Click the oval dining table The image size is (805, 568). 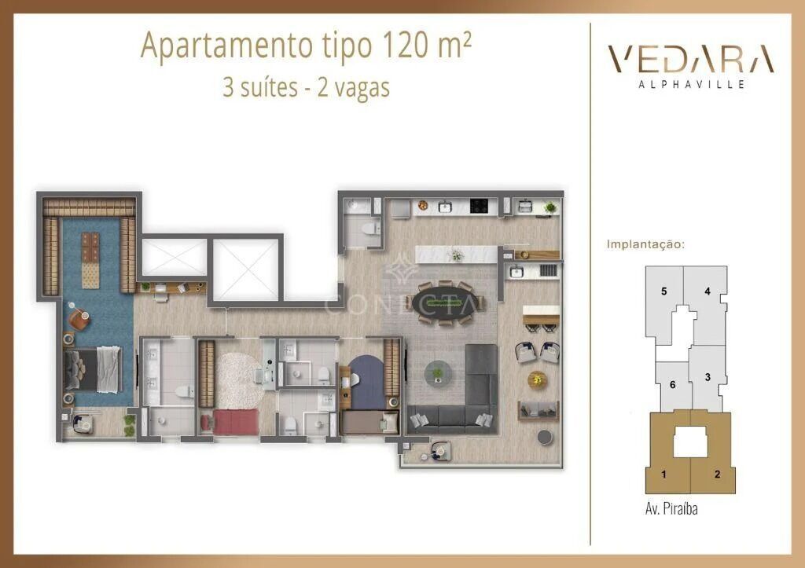(x=445, y=302)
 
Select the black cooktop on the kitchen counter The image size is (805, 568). (x=480, y=207)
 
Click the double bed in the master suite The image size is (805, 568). (x=94, y=368)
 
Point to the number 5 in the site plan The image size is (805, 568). (x=664, y=291)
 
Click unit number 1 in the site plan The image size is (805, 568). (x=664, y=474)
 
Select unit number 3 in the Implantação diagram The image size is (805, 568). (x=708, y=377)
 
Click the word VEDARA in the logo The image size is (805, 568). (x=690, y=60)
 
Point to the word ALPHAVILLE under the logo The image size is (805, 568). (x=690, y=84)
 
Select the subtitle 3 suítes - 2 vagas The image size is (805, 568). (x=306, y=86)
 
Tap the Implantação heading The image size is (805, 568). (x=645, y=244)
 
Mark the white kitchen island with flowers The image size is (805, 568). (x=449, y=255)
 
